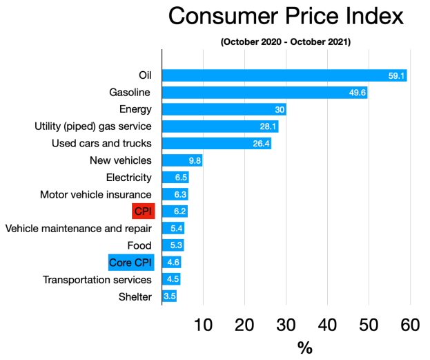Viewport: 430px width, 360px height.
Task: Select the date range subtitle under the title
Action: pyautogui.click(x=286, y=42)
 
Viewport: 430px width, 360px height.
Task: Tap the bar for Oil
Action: pyautogui.click(x=284, y=75)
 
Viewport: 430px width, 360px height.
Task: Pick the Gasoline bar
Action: pyautogui.click(x=264, y=93)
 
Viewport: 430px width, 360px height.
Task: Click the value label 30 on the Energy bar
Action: pyautogui.click(x=279, y=109)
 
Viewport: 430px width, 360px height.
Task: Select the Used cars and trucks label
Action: pyautogui.click(x=101, y=144)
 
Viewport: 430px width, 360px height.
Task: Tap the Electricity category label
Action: pyautogui.click(x=128, y=178)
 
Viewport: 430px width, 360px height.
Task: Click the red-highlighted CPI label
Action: pyautogui.click(x=144, y=211)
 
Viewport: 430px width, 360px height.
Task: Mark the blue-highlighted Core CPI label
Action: pyautogui.click(x=130, y=263)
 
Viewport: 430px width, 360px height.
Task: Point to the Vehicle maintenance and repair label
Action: pyautogui.click(x=78, y=228)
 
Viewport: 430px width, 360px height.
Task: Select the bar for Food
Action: pyautogui.click(x=173, y=245)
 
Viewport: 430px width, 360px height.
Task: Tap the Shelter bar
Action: pyautogui.click(x=169, y=296)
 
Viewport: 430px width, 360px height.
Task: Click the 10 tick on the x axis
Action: pyautogui.click(x=203, y=325)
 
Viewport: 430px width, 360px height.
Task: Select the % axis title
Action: pyautogui.click(x=304, y=348)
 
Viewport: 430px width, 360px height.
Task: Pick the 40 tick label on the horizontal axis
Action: pyautogui.click(x=328, y=325)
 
